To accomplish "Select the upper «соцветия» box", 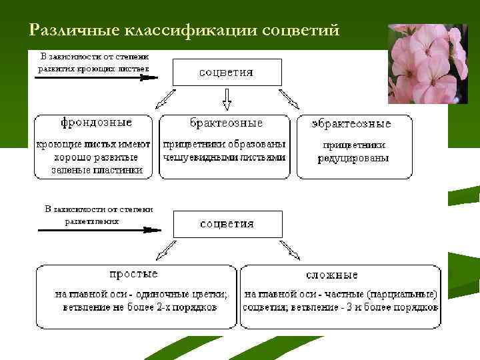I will pyautogui.click(x=227, y=72).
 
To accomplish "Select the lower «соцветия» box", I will pyautogui.click(x=227, y=223).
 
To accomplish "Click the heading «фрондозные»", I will pyautogui.click(x=96, y=123).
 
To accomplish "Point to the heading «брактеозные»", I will pyautogui.click(x=226, y=123).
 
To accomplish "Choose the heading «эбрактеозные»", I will pyautogui.click(x=351, y=123).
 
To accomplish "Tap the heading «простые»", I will pyautogui.click(x=133, y=273).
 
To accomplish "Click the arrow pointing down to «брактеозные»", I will pyautogui.click(x=227, y=99).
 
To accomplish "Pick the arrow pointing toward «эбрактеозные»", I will pyautogui.click(x=290, y=99).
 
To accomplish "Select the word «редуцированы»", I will pyautogui.click(x=353, y=158).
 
